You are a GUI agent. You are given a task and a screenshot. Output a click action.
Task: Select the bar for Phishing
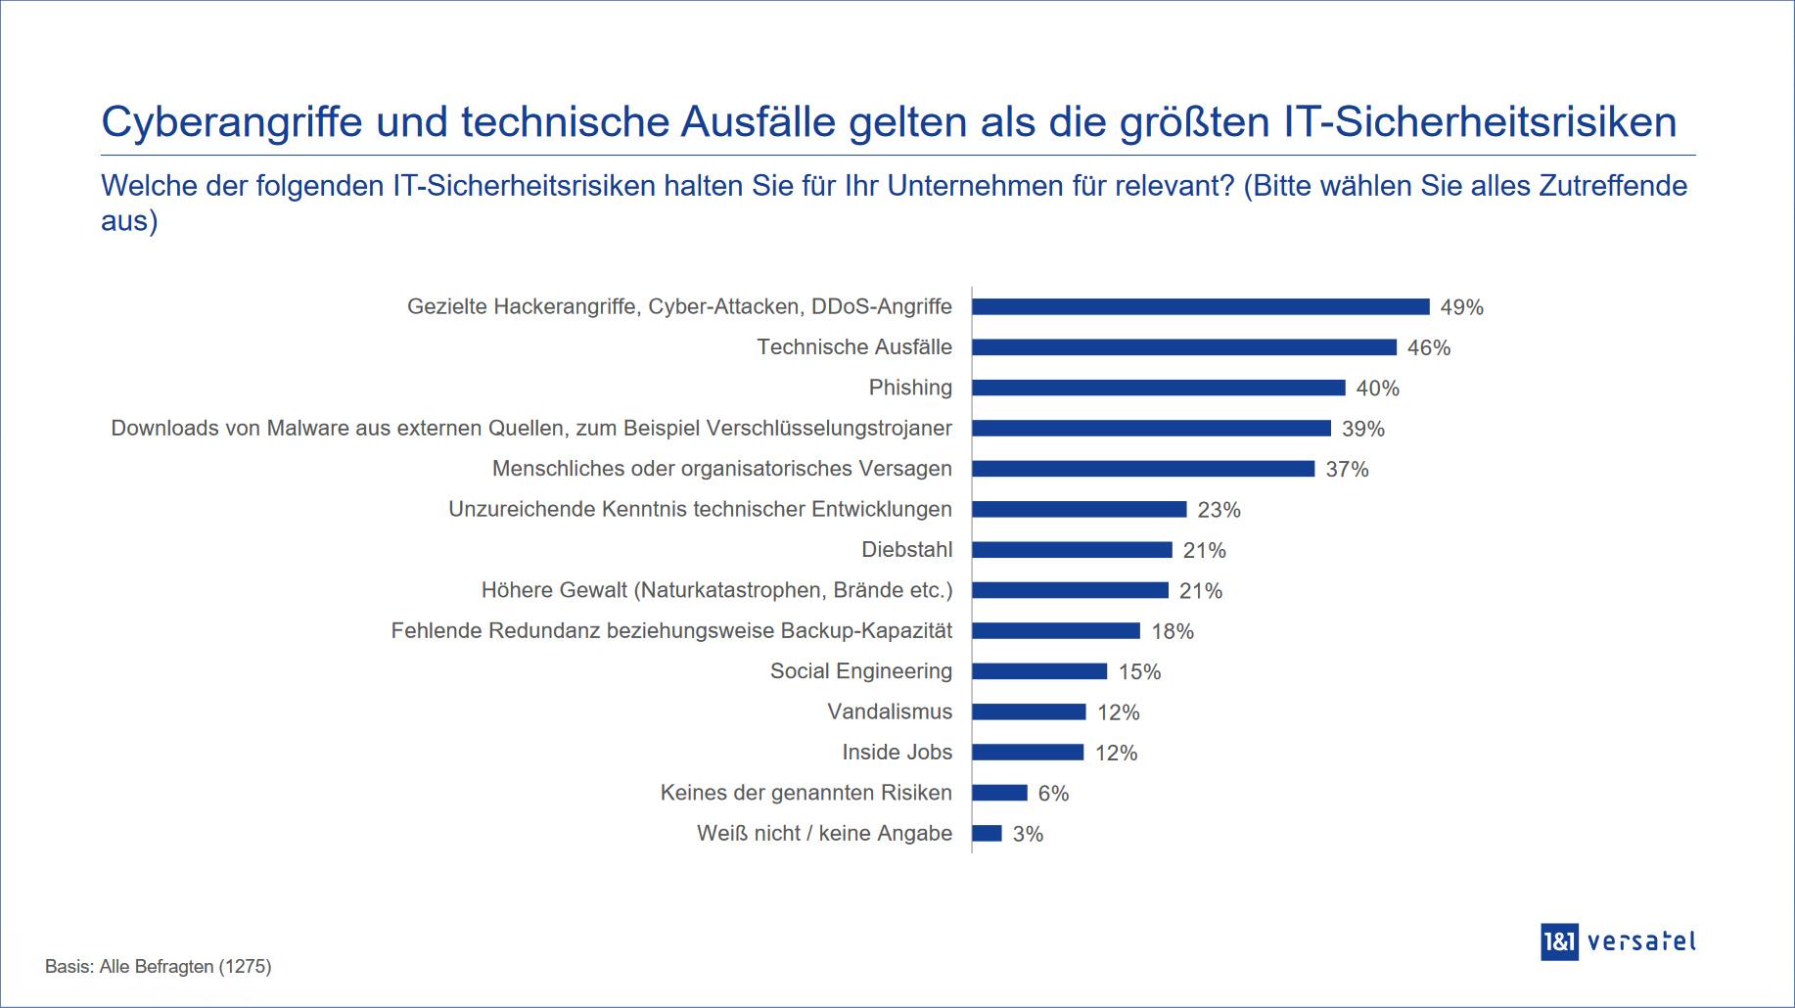(x=1158, y=388)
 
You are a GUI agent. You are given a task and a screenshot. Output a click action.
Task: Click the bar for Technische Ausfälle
(x=1183, y=347)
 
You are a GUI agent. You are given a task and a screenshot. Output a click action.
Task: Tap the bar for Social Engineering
(x=1038, y=671)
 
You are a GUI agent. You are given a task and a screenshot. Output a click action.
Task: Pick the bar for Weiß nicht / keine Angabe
(x=987, y=834)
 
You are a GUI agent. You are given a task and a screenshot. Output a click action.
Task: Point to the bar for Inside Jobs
(x=1028, y=753)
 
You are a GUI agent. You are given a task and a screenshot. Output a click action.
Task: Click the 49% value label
(x=1461, y=307)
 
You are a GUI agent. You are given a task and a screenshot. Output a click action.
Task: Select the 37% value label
(x=1347, y=470)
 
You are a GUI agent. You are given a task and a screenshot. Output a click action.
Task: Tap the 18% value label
(x=1173, y=631)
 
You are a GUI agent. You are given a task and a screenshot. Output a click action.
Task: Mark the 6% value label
(x=1053, y=794)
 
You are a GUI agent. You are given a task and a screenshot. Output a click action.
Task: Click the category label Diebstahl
(x=906, y=550)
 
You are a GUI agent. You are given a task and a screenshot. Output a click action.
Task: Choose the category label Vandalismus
(x=890, y=711)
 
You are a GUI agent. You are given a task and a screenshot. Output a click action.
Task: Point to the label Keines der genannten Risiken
(x=805, y=793)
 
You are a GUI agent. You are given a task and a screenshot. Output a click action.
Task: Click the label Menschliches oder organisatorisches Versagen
(x=721, y=469)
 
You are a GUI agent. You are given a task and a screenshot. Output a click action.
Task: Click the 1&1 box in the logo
(x=1559, y=941)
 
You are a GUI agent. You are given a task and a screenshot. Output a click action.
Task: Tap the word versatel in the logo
(x=1641, y=941)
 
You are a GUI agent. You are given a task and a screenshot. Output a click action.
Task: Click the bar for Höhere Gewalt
(x=1070, y=590)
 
